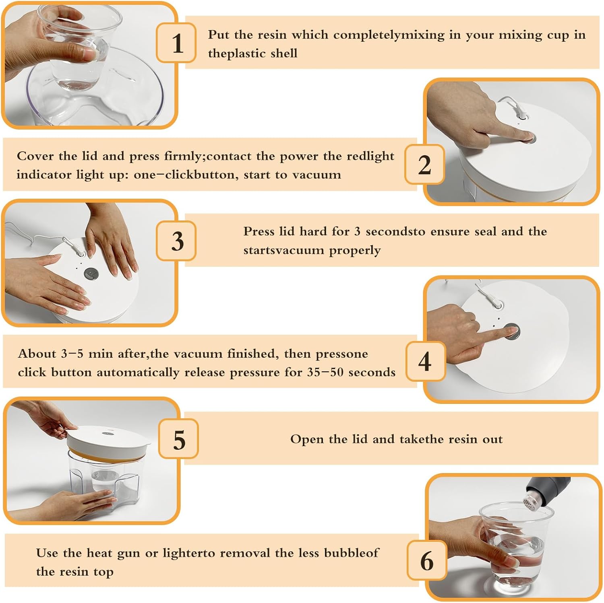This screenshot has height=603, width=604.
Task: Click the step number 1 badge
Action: coord(176,43)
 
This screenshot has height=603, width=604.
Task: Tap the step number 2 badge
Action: coord(424,165)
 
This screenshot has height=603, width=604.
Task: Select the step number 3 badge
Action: coord(176,241)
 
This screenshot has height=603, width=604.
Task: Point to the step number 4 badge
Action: coord(426,361)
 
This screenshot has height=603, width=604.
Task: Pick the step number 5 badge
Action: coord(178,438)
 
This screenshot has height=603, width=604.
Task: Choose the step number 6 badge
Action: coord(427,560)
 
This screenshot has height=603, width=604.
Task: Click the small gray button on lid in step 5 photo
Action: coord(107,434)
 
